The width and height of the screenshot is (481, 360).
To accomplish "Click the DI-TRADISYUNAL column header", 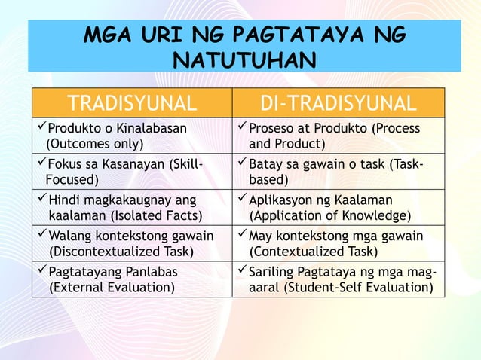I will click(337, 103).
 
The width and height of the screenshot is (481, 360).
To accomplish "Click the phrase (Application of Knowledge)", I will click(329, 216).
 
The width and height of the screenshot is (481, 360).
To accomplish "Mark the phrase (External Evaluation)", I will click(112, 287).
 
